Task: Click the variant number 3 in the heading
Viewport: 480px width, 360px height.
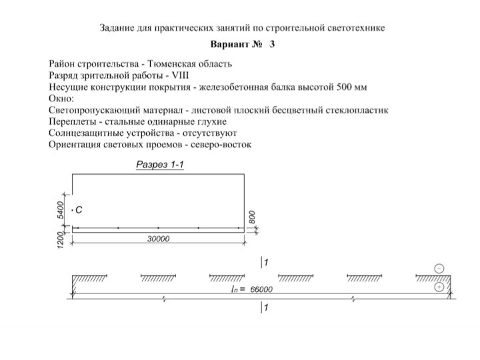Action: [x=272, y=45]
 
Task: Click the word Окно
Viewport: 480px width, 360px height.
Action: [x=61, y=99]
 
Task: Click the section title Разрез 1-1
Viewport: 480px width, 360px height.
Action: [x=160, y=164]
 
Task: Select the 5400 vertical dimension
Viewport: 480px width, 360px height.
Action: [x=61, y=211]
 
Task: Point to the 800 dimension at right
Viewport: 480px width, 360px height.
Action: [x=252, y=217]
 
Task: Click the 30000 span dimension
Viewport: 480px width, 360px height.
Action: [x=159, y=239]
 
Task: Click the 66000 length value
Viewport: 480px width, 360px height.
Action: [x=261, y=290]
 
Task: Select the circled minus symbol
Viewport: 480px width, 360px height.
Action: [x=439, y=268]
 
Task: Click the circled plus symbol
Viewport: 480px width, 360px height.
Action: [x=439, y=287]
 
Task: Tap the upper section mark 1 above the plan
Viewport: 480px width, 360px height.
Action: [x=265, y=263]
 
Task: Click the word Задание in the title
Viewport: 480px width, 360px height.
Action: [x=117, y=28]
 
